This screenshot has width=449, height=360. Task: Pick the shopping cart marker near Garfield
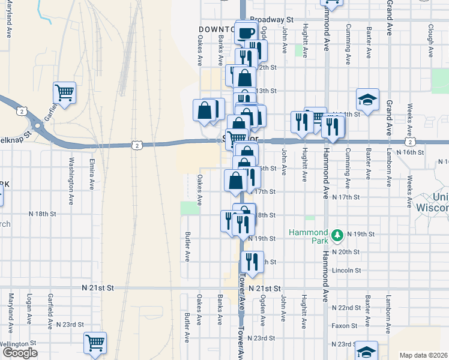(x=64, y=92)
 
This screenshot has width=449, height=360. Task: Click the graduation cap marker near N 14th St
(x=367, y=98)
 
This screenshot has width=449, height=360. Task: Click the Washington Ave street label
(x=71, y=174)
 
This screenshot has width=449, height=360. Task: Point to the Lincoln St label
(x=346, y=271)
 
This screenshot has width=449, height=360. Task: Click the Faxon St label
(x=345, y=326)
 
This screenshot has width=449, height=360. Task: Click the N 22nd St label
(x=345, y=307)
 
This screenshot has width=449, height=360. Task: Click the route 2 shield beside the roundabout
(x=22, y=111)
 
